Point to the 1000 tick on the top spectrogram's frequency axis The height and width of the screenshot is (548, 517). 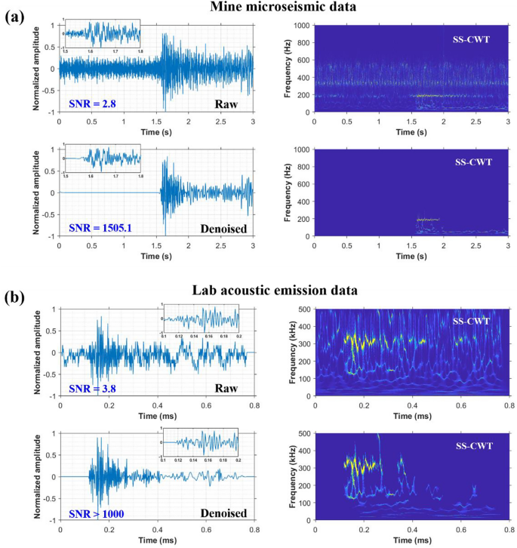click(303, 25)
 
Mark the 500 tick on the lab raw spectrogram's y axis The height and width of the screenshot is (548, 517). click(306, 309)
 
